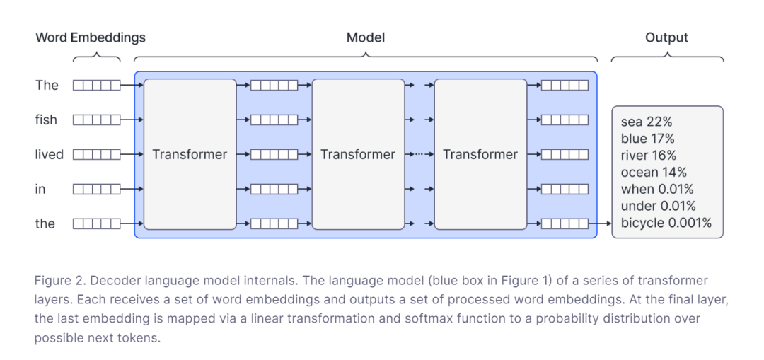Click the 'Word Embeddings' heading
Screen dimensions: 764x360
coord(91,37)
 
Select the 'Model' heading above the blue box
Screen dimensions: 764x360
coord(366,37)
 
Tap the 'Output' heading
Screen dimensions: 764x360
coord(666,37)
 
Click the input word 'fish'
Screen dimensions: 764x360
coord(46,120)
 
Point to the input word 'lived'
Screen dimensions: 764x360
coord(50,154)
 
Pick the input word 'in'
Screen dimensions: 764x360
coord(40,189)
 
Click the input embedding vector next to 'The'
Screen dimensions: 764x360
coord(96,86)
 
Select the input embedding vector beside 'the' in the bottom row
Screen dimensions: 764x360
coord(96,223)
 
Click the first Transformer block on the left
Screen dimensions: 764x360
coord(190,154)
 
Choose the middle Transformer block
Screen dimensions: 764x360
coord(358,154)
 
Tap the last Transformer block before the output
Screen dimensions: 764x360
coord(480,154)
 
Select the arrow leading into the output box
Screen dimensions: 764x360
coord(601,223)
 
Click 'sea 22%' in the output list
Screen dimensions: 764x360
coord(644,122)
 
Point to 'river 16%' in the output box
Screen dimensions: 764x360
coord(649,156)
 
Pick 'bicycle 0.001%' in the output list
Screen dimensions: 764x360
coord(666,223)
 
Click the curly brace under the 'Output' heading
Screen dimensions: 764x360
coord(667,57)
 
